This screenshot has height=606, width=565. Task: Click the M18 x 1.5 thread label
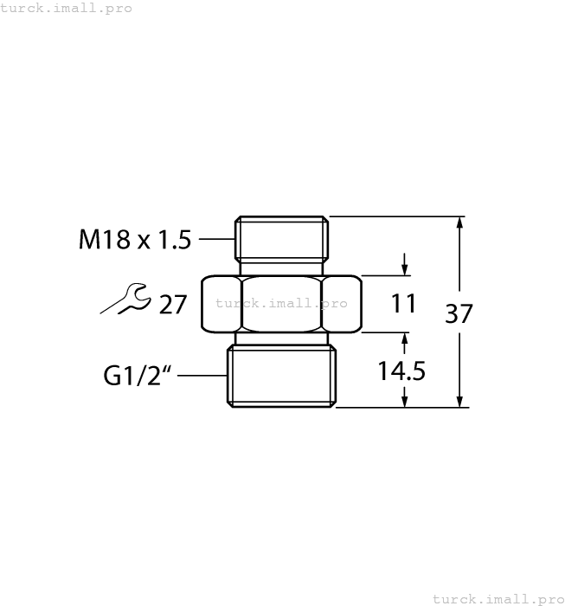(134, 239)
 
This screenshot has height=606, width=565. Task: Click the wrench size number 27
(173, 304)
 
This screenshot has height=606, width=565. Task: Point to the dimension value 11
(403, 304)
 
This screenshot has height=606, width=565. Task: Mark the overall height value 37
(459, 313)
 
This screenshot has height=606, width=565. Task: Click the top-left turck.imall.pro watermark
(67, 8)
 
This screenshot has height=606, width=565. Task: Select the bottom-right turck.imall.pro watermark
(498, 598)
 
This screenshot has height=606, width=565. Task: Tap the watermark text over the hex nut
(281, 303)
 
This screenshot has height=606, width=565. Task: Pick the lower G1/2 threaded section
(281, 377)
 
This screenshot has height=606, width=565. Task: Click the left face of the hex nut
(222, 304)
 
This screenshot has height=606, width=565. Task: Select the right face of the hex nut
(341, 304)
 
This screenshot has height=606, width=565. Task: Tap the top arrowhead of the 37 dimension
(459, 223)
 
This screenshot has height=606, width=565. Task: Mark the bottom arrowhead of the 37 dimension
(459, 400)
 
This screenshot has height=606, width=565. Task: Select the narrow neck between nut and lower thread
(281, 338)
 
